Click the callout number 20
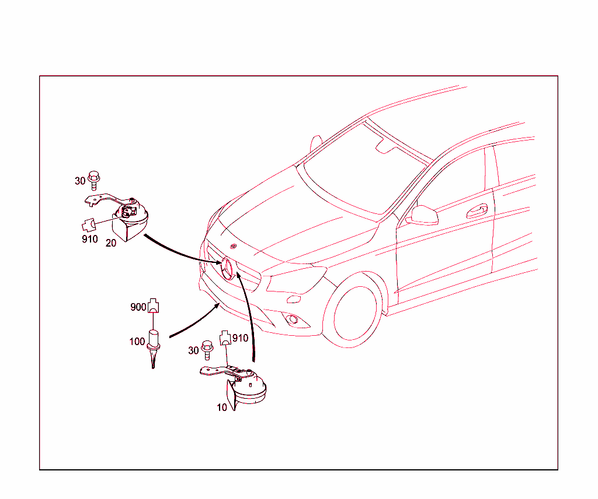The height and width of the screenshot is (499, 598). tap(110, 243)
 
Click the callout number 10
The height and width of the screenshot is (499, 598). tap(221, 407)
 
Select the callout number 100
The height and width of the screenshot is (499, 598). tap(137, 342)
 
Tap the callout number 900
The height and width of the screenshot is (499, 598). tap(138, 307)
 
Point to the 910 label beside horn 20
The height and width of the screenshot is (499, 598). tap(89, 239)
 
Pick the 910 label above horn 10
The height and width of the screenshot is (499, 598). tap(240, 338)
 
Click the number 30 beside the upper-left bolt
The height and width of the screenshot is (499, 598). tap(80, 181)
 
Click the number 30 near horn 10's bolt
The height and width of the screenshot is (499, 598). tap(193, 350)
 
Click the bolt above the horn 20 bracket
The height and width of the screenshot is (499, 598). tap(93, 180)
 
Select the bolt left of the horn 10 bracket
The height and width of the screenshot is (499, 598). tap(207, 350)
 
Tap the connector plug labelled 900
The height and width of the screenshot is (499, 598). tap(153, 305)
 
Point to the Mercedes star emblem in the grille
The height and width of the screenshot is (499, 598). tap(227, 268)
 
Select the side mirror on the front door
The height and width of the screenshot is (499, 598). tap(423, 216)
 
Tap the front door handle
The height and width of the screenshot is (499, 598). tap(477, 211)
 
